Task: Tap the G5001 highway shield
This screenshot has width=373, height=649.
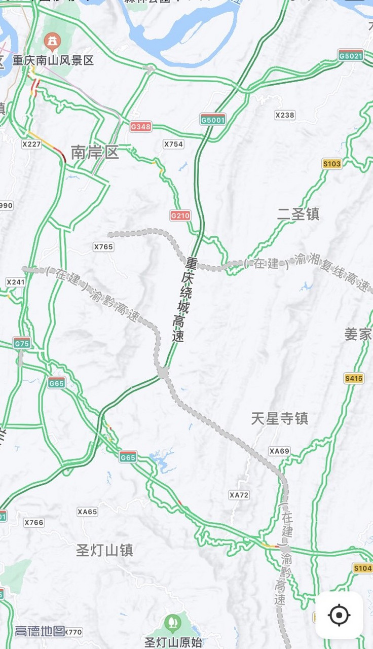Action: tap(213, 120)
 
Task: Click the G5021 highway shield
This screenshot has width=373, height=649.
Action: tap(351, 55)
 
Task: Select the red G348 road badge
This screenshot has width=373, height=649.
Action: tap(140, 126)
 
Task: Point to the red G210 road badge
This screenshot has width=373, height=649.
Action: tap(180, 215)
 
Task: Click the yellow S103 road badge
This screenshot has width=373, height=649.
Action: tap(332, 163)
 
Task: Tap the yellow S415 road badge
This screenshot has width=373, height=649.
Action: tap(354, 378)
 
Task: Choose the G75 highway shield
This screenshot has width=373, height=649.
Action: tap(22, 343)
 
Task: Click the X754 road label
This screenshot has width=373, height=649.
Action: tap(173, 144)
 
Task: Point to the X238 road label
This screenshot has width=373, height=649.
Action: tap(285, 115)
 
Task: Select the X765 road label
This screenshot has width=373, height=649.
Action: tap(103, 246)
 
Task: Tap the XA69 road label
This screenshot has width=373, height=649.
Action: tap(279, 451)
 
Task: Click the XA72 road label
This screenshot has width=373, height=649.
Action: tap(239, 494)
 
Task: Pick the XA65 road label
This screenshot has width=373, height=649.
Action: tap(87, 512)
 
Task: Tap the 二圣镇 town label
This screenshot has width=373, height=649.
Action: tap(299, 214)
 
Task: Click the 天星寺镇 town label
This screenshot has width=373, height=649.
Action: tap(280, 418)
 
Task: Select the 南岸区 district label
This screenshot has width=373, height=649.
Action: tap(95, 152)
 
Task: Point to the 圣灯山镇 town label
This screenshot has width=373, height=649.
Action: tap(104, 550)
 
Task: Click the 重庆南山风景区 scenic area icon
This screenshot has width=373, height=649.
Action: tap(52, 40)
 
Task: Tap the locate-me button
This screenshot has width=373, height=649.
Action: tap(339, 615)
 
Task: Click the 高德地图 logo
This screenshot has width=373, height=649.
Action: tap(40, 631)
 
